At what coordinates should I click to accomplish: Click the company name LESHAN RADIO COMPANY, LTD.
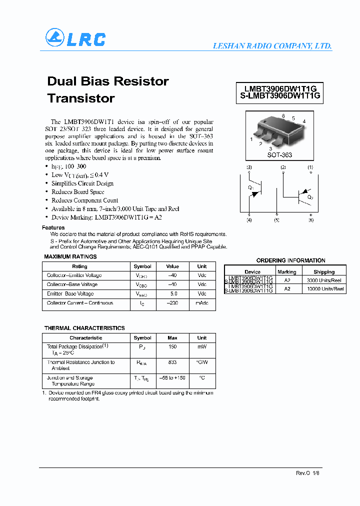[x=272, y=45]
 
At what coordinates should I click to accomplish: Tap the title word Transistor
[x=81, y=98]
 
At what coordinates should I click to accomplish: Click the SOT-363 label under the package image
[x=279, y=155]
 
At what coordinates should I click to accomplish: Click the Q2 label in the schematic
[x=310, y=197]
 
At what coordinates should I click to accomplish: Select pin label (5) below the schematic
[x=276, y=220]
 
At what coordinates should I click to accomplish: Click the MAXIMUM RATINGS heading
[x=70, y=256]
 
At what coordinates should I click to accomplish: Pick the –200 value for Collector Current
[x=172, y=303]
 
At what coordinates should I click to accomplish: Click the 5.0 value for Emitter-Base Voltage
[x=172, y=294]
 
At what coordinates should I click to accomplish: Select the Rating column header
[x=79, y=266]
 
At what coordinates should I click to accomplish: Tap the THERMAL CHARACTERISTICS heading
[x=84, y=328]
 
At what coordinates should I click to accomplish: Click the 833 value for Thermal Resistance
[x=172, y=362]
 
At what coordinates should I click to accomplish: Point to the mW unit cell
[x=201, y=346]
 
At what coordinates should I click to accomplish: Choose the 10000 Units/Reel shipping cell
[x=324, y=288]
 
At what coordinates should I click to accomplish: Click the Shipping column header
[x=324, y=272]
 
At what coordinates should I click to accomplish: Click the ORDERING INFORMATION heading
[x=290, y=260]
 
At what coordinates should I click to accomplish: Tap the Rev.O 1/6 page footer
[x=307, y=472]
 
